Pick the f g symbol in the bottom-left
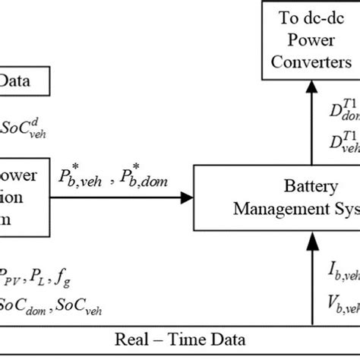coord(75,278)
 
